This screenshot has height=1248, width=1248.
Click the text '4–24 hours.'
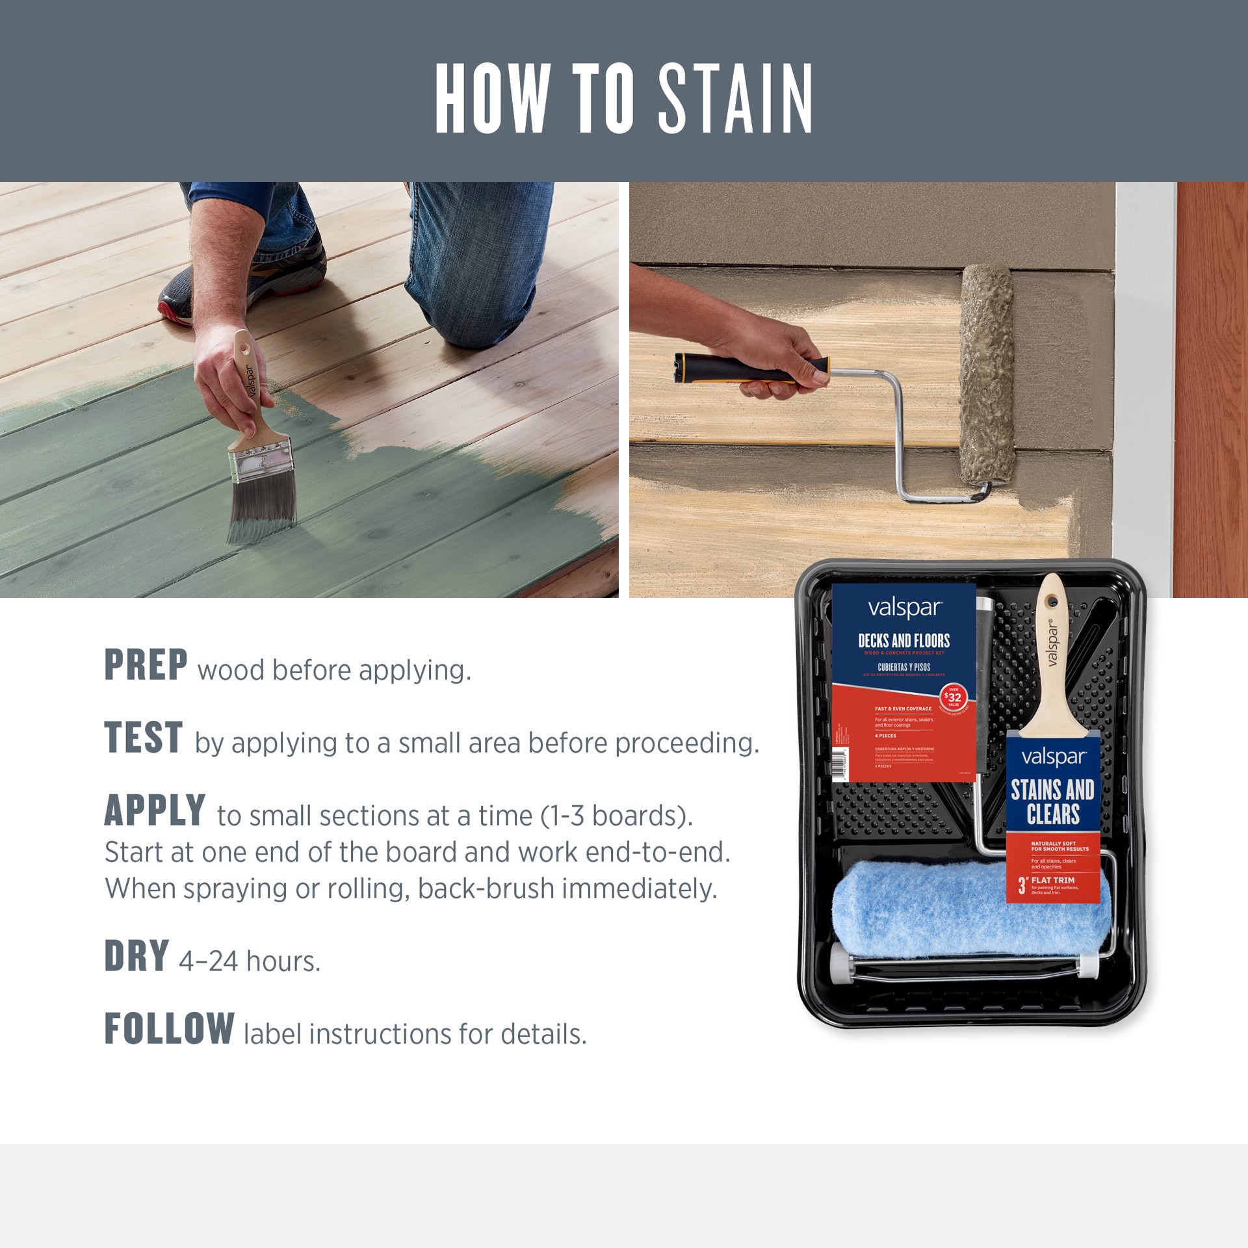point(250,961)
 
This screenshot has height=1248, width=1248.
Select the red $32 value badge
point(953,697)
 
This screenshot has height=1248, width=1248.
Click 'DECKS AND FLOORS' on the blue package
point(903,640)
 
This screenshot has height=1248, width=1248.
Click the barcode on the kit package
point(841,764)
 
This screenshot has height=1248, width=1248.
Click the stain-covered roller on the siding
point(987,377)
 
